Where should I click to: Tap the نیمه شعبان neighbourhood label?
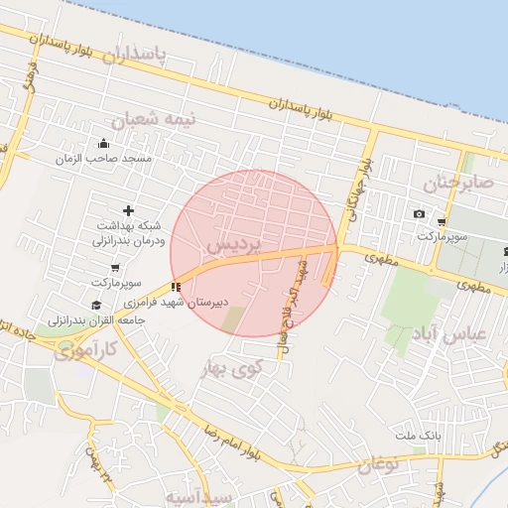click(x=153, y=120)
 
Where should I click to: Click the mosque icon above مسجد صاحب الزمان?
click(x=103, y=142)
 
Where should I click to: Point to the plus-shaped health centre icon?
click(x=128, y=209)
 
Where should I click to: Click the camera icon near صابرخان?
click(x=419, y=214)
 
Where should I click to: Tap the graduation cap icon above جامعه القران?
click(x=95, y=305)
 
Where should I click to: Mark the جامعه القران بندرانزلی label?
click(x=98, y=320)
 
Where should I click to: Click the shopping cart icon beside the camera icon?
click(x=442, y=221)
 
